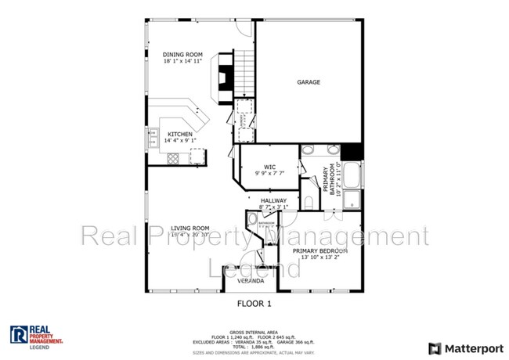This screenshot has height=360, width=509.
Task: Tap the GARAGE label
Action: coord(308,82)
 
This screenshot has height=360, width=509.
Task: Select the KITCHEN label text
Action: coord(179,134)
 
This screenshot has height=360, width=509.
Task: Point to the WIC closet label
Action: coord(269,166)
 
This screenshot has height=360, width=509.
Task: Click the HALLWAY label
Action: coord(274,200)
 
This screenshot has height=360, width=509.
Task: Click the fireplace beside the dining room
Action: coord(225,77)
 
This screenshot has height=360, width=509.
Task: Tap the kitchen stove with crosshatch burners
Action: coord(172,158)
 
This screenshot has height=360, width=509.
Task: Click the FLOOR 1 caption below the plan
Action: coord(254,301)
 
